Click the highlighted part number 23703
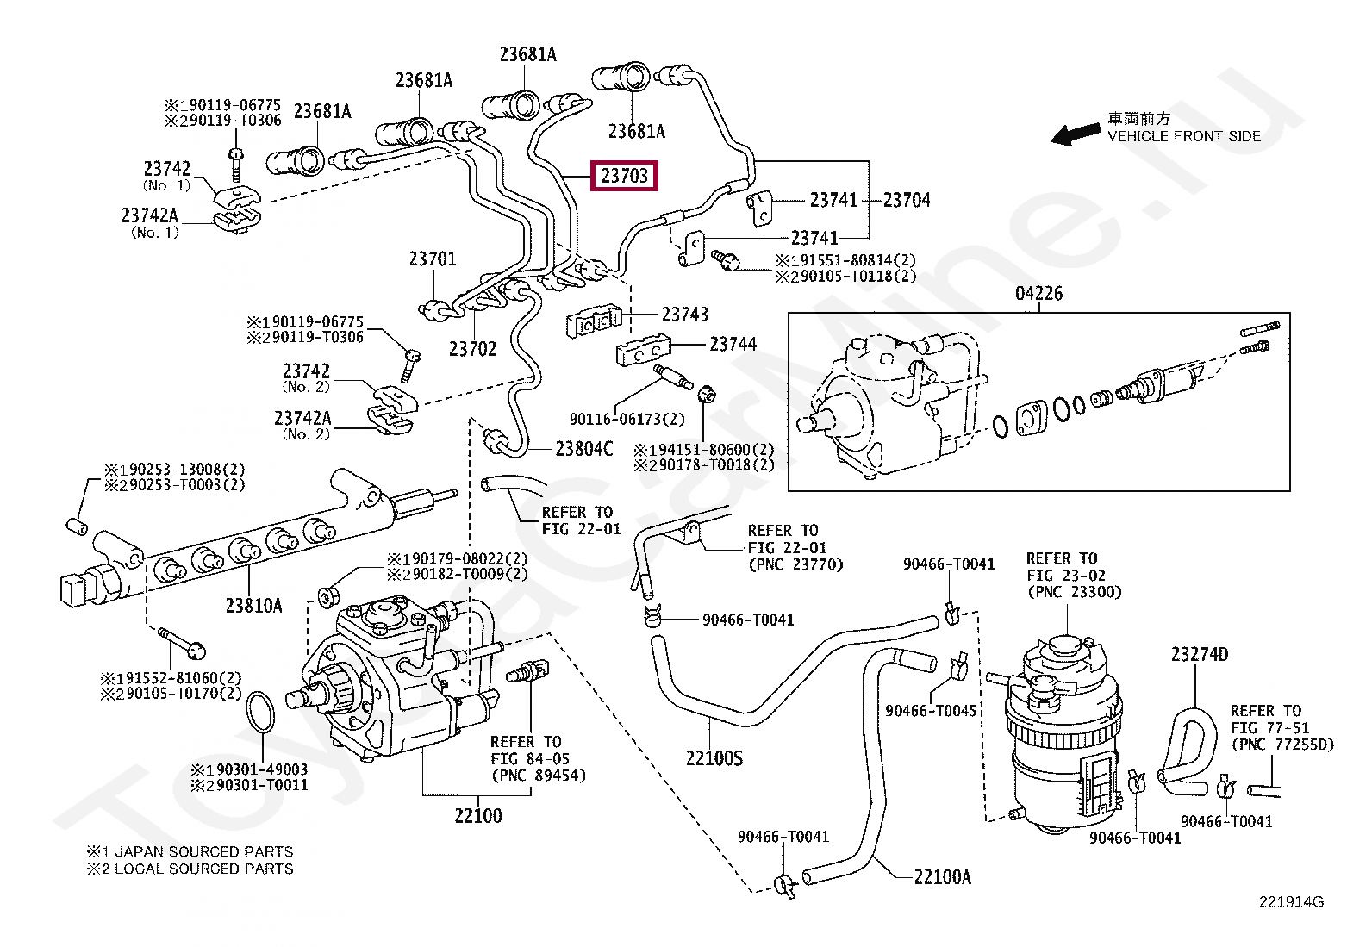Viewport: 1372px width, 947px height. pyautogui.click(x=624, y=176)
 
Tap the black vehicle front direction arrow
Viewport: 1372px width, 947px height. pyautogui.click(x=1075, y=134)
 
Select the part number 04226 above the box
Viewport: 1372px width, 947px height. pyautogui.click(x=1038, y=294)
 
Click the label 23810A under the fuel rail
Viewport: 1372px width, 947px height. pyautogui.click(x=253, y=606)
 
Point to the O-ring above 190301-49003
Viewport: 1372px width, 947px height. pyautogui.click(x=260, y=711)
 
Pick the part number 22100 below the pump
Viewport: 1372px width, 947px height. pyautogui.click(x=477, y=816)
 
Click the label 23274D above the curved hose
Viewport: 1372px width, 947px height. pyautogui.click(x=1200, y=655)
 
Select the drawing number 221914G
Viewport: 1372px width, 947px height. pyautogui.click(x=1291, y=901)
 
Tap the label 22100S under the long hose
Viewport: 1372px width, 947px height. pyautogui.click(x=714, y=758)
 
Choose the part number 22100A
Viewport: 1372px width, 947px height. pyautogui.click(x=942, y=877)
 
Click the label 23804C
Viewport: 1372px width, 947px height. pyautogui.click(x=583, y=449)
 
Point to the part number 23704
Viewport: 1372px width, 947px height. pyautogui.click(x=907, y=200)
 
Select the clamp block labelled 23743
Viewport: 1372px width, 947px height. pyautogui.click(x=594, y=321)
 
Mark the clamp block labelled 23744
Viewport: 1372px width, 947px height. pyautogui.click(x=643, y=350)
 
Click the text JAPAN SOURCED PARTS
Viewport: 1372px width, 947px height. pyautogui.click(x=204, y=851)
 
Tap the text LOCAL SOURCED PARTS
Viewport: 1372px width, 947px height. pyautogui.click(x=204, y=869)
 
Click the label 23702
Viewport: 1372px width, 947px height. pyautogui.click(x=472, y=349)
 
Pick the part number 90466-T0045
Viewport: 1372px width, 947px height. pyautogui.click(x=931, y=711)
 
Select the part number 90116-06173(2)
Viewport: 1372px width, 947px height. pyautogui.click(x=627, y=419)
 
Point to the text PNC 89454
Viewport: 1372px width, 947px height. pyautogui.click(x=539, y=776)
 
